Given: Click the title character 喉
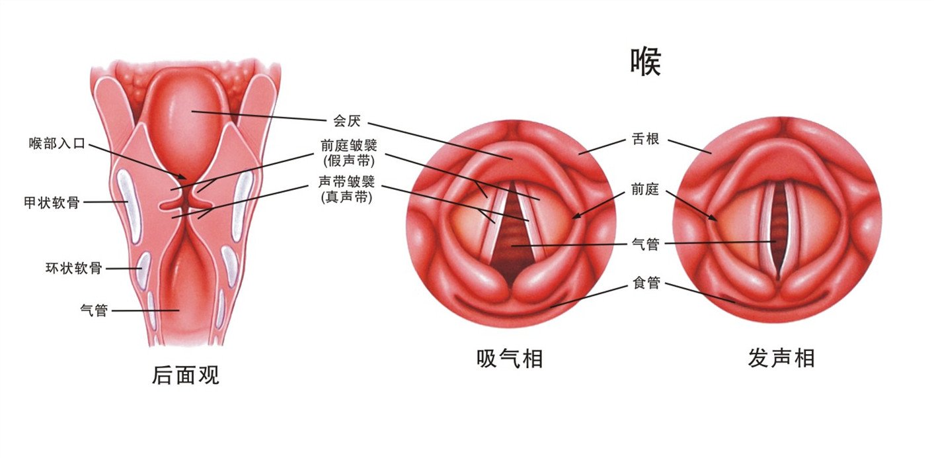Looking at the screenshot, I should coord(645,64).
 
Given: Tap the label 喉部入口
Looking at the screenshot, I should coord(58,144).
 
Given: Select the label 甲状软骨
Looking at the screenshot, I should coord(52,203).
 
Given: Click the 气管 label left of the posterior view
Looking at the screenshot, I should coord(93,309).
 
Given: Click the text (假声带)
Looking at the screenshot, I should coord(348,160).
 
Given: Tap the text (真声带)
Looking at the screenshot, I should coord(348,196).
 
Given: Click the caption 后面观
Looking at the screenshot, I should coord(185,375).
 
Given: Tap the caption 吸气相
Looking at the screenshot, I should coord(510,359).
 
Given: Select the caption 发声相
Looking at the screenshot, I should coord(781,359).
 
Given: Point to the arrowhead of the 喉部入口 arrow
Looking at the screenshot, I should coord(184,177).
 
